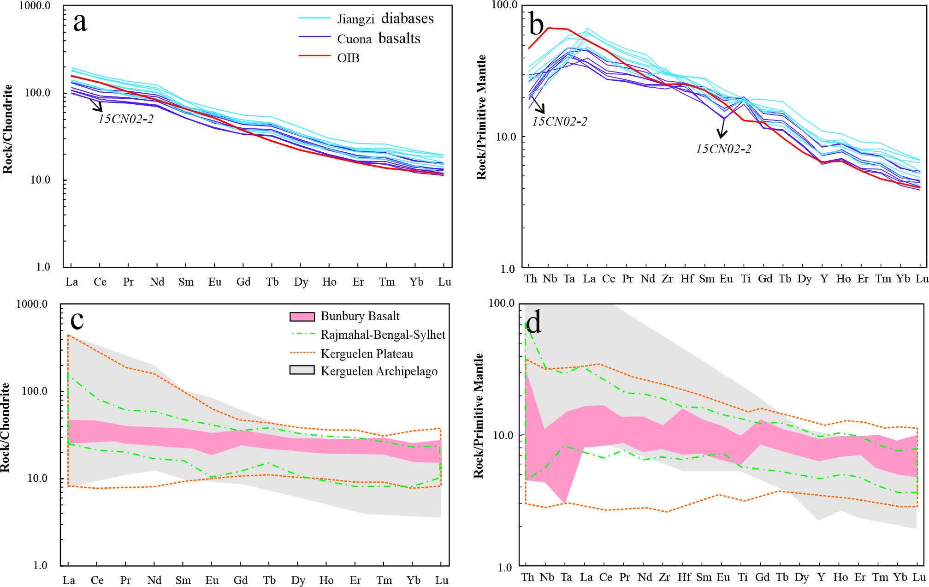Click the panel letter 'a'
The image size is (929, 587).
[80, 22]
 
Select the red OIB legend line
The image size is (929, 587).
[314, 56]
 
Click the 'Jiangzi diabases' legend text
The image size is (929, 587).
[385, 19]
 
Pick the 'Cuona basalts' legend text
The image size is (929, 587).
[379, 39]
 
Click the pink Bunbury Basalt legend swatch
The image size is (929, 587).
[302, 317]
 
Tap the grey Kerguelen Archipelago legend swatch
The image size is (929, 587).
[302, 370]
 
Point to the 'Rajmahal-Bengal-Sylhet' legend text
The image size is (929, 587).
[383, 335]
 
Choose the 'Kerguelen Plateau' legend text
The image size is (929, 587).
[367, 354]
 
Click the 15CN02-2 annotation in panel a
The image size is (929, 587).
[125, 119]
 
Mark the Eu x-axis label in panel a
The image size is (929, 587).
[214, 282]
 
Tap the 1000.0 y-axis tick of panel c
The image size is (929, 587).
[32, 304]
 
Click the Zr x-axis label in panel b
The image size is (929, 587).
[667, 279]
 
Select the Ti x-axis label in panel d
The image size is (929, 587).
[743, 577]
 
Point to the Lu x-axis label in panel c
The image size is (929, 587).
[442, 580]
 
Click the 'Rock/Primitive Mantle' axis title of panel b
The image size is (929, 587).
[481, 117]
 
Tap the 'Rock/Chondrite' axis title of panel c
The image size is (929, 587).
[5, 427]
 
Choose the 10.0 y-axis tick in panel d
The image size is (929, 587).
[503, 435]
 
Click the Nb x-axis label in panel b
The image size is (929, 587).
[550, 279]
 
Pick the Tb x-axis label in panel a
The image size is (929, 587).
[272, 282]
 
